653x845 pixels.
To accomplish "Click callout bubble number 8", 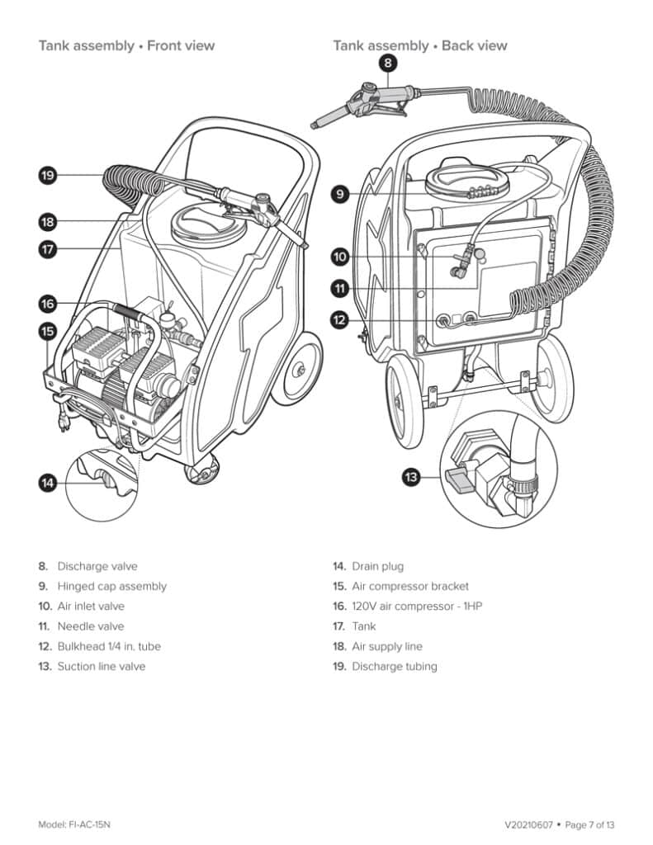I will (389, 63).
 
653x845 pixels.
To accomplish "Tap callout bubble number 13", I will (412, 475).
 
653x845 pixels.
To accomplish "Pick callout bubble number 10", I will (340, 257).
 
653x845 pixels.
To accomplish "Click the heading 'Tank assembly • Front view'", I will (126, 45).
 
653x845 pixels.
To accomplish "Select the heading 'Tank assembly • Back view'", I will (420, 45).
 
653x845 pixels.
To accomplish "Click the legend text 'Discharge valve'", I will (97, 566).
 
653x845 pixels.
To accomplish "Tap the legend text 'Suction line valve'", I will (101, 666).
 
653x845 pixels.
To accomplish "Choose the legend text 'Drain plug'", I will (377, 566).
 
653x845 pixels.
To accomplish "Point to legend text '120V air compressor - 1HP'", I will (417, 607).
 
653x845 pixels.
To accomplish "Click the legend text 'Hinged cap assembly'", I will (111, 586).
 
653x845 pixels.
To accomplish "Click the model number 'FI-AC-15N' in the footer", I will (92, 824).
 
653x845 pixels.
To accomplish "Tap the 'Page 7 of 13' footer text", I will (590, 824).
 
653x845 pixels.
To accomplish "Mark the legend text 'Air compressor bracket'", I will (410, 586).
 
